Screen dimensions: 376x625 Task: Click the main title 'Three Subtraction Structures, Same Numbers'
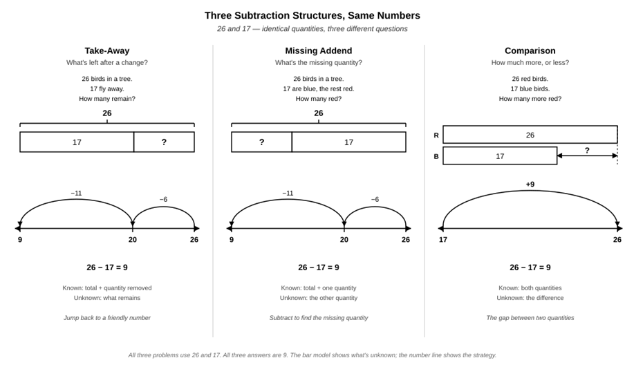click(x=312, y=15)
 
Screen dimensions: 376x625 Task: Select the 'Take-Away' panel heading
click(x=107, y=50)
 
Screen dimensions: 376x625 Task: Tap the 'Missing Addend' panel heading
click(x=318, y=50)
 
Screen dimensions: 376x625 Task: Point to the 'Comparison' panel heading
click(x=530, y=50)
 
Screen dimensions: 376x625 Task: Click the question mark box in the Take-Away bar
click(x=164, y=142)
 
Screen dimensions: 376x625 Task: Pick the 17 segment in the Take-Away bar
click(x=77, y=142)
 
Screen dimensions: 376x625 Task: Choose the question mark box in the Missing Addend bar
click(x=261, y=142)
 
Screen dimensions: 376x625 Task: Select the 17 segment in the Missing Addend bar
click(x=348, y=142)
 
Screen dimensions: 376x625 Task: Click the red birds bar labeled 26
click(x=530, y=135)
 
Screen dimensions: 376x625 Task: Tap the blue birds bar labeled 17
click(x=500, y=156)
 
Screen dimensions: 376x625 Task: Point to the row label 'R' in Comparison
click(x=436, y=135)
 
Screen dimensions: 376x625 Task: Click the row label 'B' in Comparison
click(x=436, y=157)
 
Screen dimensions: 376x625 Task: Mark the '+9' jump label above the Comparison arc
click(x=530, y=184)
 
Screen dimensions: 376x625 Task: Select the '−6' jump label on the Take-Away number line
click(x=163, y=199)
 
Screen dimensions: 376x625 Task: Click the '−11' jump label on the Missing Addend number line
click(x=288, y=193)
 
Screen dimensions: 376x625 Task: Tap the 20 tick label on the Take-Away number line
click(x=133, y=240)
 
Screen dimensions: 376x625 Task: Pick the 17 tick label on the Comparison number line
click(x=443, y=240)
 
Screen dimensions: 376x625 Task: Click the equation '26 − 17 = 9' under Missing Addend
click(x=318, y=267)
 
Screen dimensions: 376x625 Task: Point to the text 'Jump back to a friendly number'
click(x=107, y=318)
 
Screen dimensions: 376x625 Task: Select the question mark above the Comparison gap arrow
click(x=587, y=150)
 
